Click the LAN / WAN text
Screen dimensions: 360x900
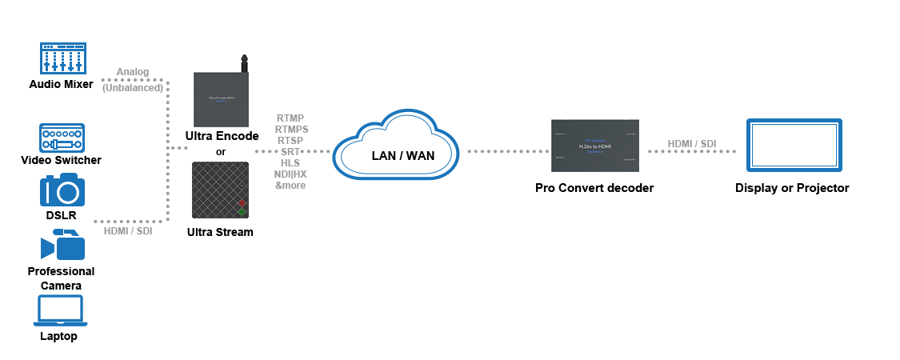pyautogui.click(x=403, y=156)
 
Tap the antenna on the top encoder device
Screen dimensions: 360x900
pyautogui.click(x=244, y=62)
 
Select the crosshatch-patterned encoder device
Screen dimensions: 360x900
pyautogui.click(x=220, y=190)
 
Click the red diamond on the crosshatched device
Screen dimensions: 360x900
pyautogui.click(x=241, y=203)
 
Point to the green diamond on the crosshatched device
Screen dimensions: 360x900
pyautogui.click(x=241, y=212)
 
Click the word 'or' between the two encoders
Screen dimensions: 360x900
pyautogui.click(x=221, y=152)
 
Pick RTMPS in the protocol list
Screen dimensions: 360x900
pyautogui.click(x=291, y=129)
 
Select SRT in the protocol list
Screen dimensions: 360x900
pyautogui.click(x=290, y=151)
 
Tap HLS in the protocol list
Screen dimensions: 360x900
pyautogui.click(x=290, y=162)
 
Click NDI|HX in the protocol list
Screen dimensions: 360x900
pyautogui.click(x=290, y=174)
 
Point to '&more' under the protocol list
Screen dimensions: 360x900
pyautogui.click(x=290, y=185)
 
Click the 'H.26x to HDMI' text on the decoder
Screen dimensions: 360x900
pyautogui.click(x=595, y=147)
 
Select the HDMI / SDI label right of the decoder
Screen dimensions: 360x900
pyautogui.click(x=692, y=144)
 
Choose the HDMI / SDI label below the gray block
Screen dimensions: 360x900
pyautogui.click(x=128, y=231)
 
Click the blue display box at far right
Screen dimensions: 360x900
pyautogui.click(x=794, y=145)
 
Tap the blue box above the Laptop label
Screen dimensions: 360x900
pyautogui.click(x=60, y=310)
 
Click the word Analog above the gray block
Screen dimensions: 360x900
pyautogui.click(x=133, y=73)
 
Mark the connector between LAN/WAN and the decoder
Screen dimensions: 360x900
pyautogui.click(x=508, y=151)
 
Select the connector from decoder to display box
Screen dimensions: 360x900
pyautogui.click(x=691, y=152)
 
